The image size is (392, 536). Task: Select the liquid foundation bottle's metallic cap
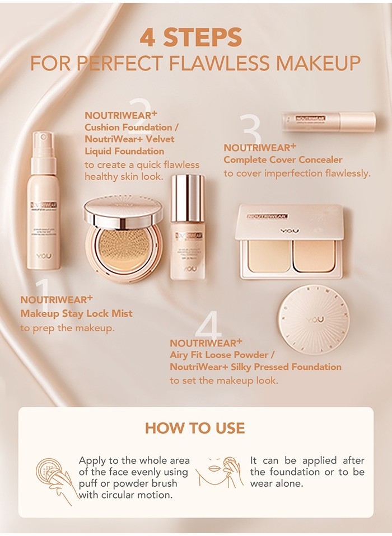click(x=187, y=197)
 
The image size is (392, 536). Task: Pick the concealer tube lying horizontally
click(x=328, y=122)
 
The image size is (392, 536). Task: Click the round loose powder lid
click(x=314, y=319)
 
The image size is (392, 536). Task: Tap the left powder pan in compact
click(x=269, y=256)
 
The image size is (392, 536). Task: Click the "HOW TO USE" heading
click(x=195, y=428)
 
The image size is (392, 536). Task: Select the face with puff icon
click(x=220, y=473)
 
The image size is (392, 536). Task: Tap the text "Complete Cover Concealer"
click(x=283, y=160)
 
